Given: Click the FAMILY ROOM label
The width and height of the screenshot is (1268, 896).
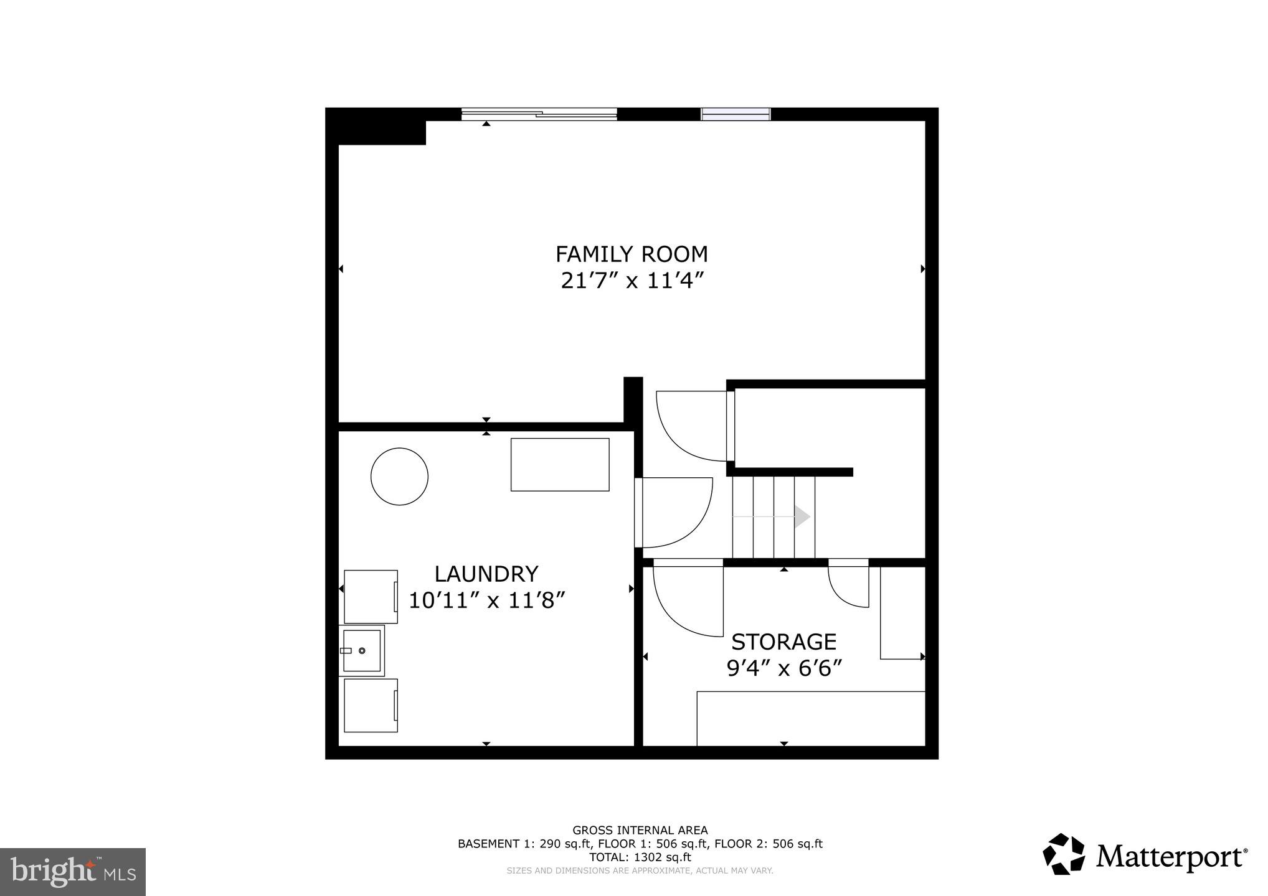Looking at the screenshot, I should [x=632, y=254].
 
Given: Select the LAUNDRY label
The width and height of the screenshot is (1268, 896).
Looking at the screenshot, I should [x=486, y=574].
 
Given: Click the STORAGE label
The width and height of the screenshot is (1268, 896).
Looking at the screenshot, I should [x=783, y=642].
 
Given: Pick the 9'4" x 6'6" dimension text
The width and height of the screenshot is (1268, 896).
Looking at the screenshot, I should [x=783, y=669].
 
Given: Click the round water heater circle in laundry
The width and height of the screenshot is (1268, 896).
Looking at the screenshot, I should [x=399, y=477].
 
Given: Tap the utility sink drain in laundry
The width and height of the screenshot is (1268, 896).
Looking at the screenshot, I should [x=362, y=651].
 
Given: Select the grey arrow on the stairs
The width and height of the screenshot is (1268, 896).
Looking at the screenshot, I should [x=802, y=516].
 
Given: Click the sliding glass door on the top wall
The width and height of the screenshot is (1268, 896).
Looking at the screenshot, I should [x=539, y=114].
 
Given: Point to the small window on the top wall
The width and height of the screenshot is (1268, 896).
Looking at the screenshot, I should [x=736, y=114].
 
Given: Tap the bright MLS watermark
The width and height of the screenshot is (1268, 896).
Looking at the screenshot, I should [x=73, y=872].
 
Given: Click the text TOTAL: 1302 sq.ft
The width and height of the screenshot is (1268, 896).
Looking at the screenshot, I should [x=640, y=857].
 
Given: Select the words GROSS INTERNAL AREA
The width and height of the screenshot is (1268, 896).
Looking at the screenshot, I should [x=640, y=830].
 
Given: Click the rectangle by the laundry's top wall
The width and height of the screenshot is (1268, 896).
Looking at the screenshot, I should [x=560, y=465].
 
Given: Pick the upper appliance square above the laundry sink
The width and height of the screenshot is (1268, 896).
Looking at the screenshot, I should [x=371, y=597].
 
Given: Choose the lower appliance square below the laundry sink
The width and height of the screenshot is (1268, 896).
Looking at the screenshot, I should [x=371, y=706].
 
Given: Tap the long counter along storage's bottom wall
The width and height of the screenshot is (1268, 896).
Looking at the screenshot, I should [x=810, y=718].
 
